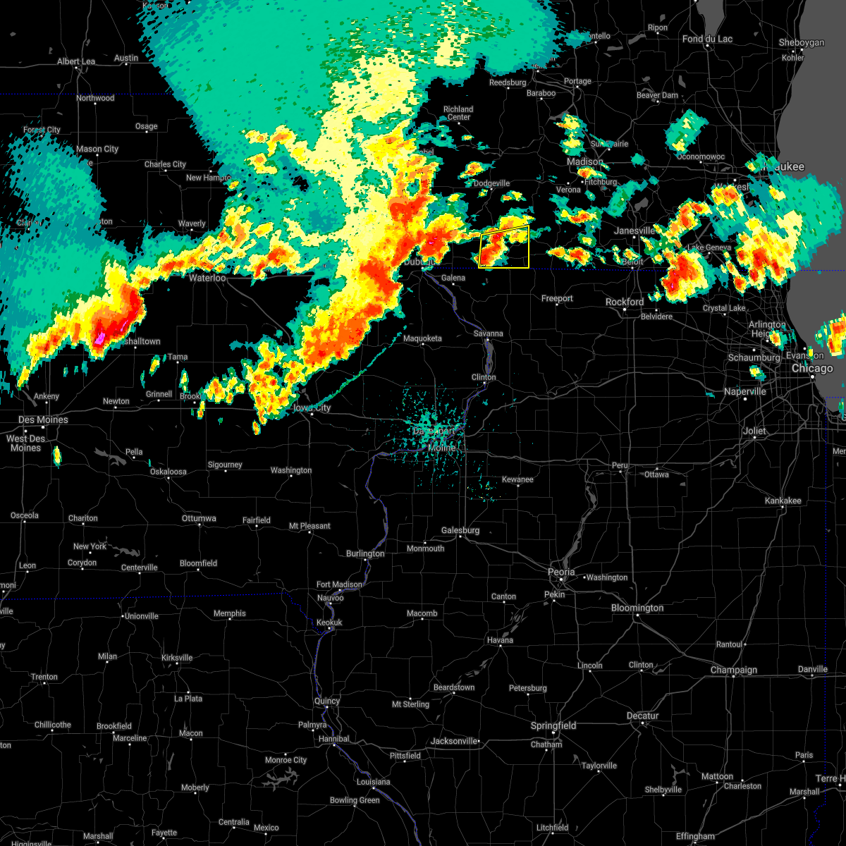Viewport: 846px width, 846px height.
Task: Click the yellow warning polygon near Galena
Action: [x=503, y=247]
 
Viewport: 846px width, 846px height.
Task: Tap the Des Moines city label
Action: [x=44, y=420]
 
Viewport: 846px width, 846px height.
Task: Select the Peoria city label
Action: [x=562, y=572]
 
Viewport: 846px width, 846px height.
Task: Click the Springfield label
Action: [x=553, y=726]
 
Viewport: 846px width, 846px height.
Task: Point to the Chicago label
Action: [x=812, y=369]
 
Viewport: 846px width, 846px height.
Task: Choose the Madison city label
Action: [x=585, y=162]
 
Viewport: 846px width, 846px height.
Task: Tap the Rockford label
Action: [x=625, y=302]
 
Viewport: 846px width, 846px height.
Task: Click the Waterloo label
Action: [x=207, y=278]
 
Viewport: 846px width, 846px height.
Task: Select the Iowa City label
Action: [x=312, y=408]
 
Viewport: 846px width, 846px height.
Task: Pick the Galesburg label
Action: [x=460, y=531]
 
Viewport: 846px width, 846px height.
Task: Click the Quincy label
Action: [x=327, y=701]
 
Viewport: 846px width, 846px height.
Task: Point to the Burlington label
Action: [x=365, y=554]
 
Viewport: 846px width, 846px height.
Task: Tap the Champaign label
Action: [x=734, y=670]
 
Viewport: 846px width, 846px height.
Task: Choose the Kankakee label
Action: [x=783, y=501]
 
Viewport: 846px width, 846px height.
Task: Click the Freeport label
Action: [x=557, y=299]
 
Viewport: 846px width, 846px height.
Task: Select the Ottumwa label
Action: [x=199, y=519]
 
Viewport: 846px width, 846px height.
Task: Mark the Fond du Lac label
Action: [x=707, y=39]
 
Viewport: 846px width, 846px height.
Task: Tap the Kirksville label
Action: [x=176, y=658]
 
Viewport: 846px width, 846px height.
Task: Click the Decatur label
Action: [x=642, y=716]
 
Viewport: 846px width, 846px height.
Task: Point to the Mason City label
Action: [x=97, y=149]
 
